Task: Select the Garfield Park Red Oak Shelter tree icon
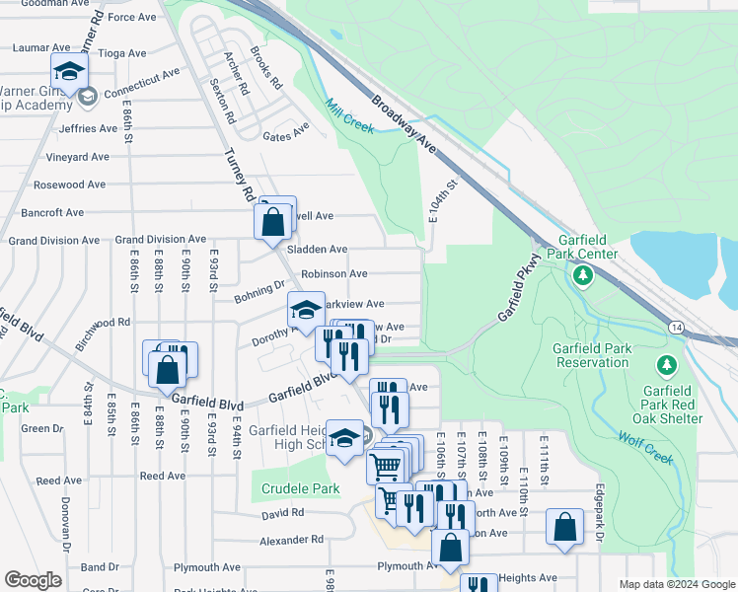point(668,367)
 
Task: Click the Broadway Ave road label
point(405,122)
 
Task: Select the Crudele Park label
point(300,488)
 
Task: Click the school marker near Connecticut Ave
point(70,71)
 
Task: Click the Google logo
point(33,579)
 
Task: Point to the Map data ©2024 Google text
point(676,584)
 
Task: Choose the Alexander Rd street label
point(291,540)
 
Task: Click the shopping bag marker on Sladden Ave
point(273,221)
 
